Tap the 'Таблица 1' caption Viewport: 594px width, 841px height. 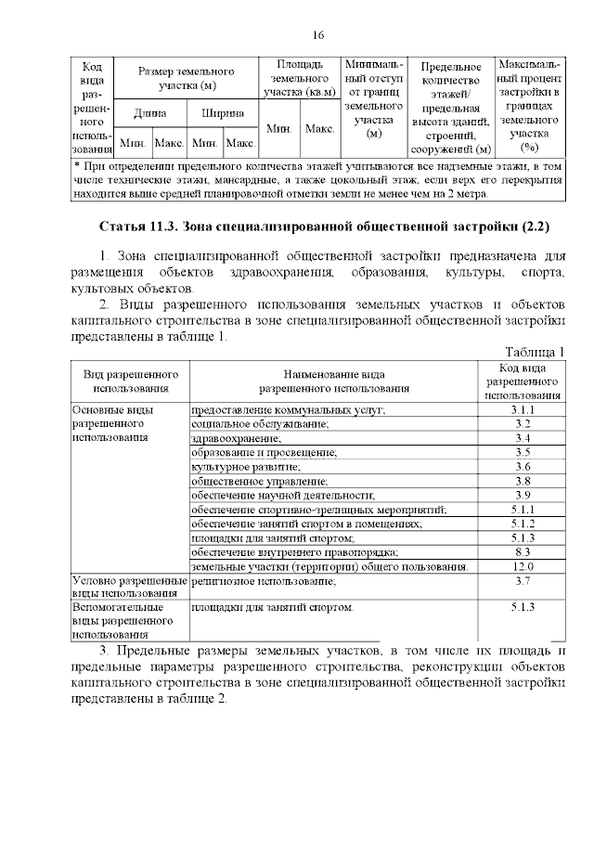pos(535,350)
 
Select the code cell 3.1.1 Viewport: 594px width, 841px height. pos(523,409)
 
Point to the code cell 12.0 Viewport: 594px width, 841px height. pos(523,566)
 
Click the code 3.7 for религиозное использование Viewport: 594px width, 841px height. pos(523,581)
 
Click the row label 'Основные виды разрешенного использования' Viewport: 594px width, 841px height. pos(116,423)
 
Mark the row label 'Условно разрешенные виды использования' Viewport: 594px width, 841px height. pos(128,587)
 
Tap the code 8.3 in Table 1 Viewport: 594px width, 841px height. pos(523,552)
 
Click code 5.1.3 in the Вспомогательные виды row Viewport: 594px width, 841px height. pos(523,607)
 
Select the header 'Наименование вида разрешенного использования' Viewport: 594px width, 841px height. pos(333,381)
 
